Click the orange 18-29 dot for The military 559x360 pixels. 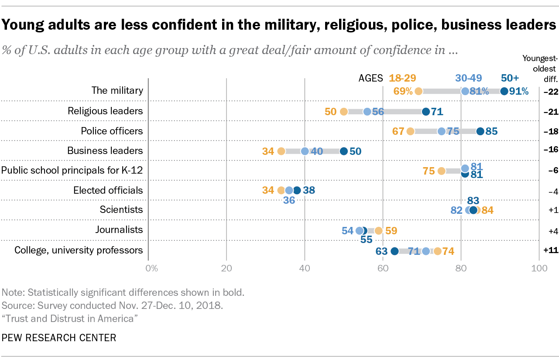[x=418, y=91]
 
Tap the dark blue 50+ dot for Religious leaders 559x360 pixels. [x=426, y=112]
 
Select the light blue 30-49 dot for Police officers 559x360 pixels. [x=442, y=131]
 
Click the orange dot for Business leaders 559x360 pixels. [x=281, y=151]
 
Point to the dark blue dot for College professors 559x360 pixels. [x=394, y=251]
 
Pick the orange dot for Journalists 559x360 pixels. [x=379, y=230]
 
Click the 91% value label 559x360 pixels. [x=519, y=91]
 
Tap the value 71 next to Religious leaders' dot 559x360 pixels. [x=437, y=112]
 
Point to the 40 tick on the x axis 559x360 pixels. [x=305, y=268]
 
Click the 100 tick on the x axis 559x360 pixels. [x=539, y=268]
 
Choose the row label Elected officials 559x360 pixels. [x=108, y=190]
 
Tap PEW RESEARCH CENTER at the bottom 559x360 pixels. [x=59, y=337]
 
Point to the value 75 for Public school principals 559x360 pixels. [x=429, y=171]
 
